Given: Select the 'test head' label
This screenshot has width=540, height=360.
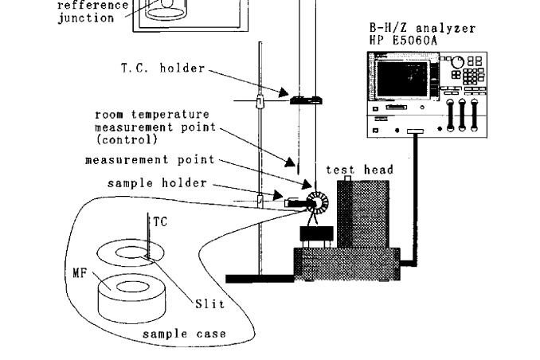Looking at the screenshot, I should [x=359, y=170].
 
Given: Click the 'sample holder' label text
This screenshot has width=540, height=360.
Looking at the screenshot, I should [x=157, y=183].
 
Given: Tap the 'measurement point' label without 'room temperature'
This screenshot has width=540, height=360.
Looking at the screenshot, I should [x=150, y=159].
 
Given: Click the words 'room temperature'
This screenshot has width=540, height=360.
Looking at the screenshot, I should [x=153, y=114].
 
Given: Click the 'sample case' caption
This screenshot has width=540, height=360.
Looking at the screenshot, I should [x=184, y=335].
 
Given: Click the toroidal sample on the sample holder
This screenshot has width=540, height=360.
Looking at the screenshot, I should [x=312, y=202].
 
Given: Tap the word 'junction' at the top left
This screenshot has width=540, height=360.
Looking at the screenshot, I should [x=85, y=18].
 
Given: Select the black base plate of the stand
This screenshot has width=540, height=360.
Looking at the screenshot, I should [x=260, y=278].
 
